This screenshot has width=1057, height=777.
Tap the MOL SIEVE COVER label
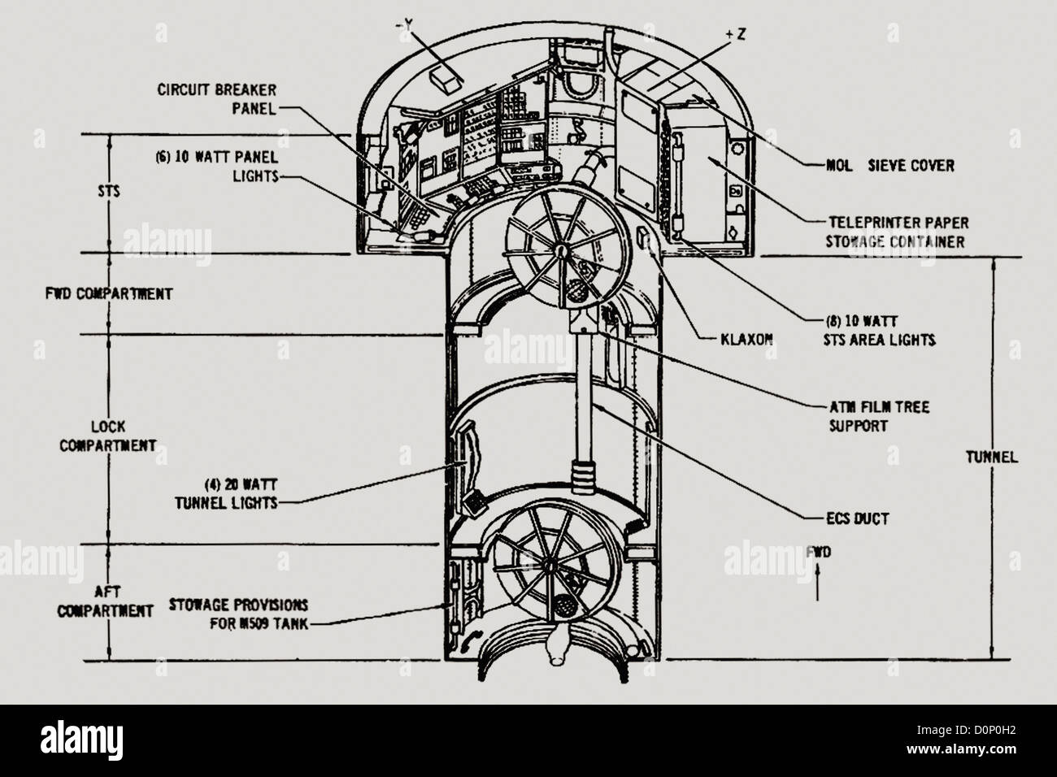(x=885, y=166)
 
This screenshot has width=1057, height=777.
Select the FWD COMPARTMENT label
(x=108, y=293)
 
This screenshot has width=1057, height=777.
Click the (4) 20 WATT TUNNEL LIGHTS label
(x=225, y=494)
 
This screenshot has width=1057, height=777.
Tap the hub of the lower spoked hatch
(x=550, y=562)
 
